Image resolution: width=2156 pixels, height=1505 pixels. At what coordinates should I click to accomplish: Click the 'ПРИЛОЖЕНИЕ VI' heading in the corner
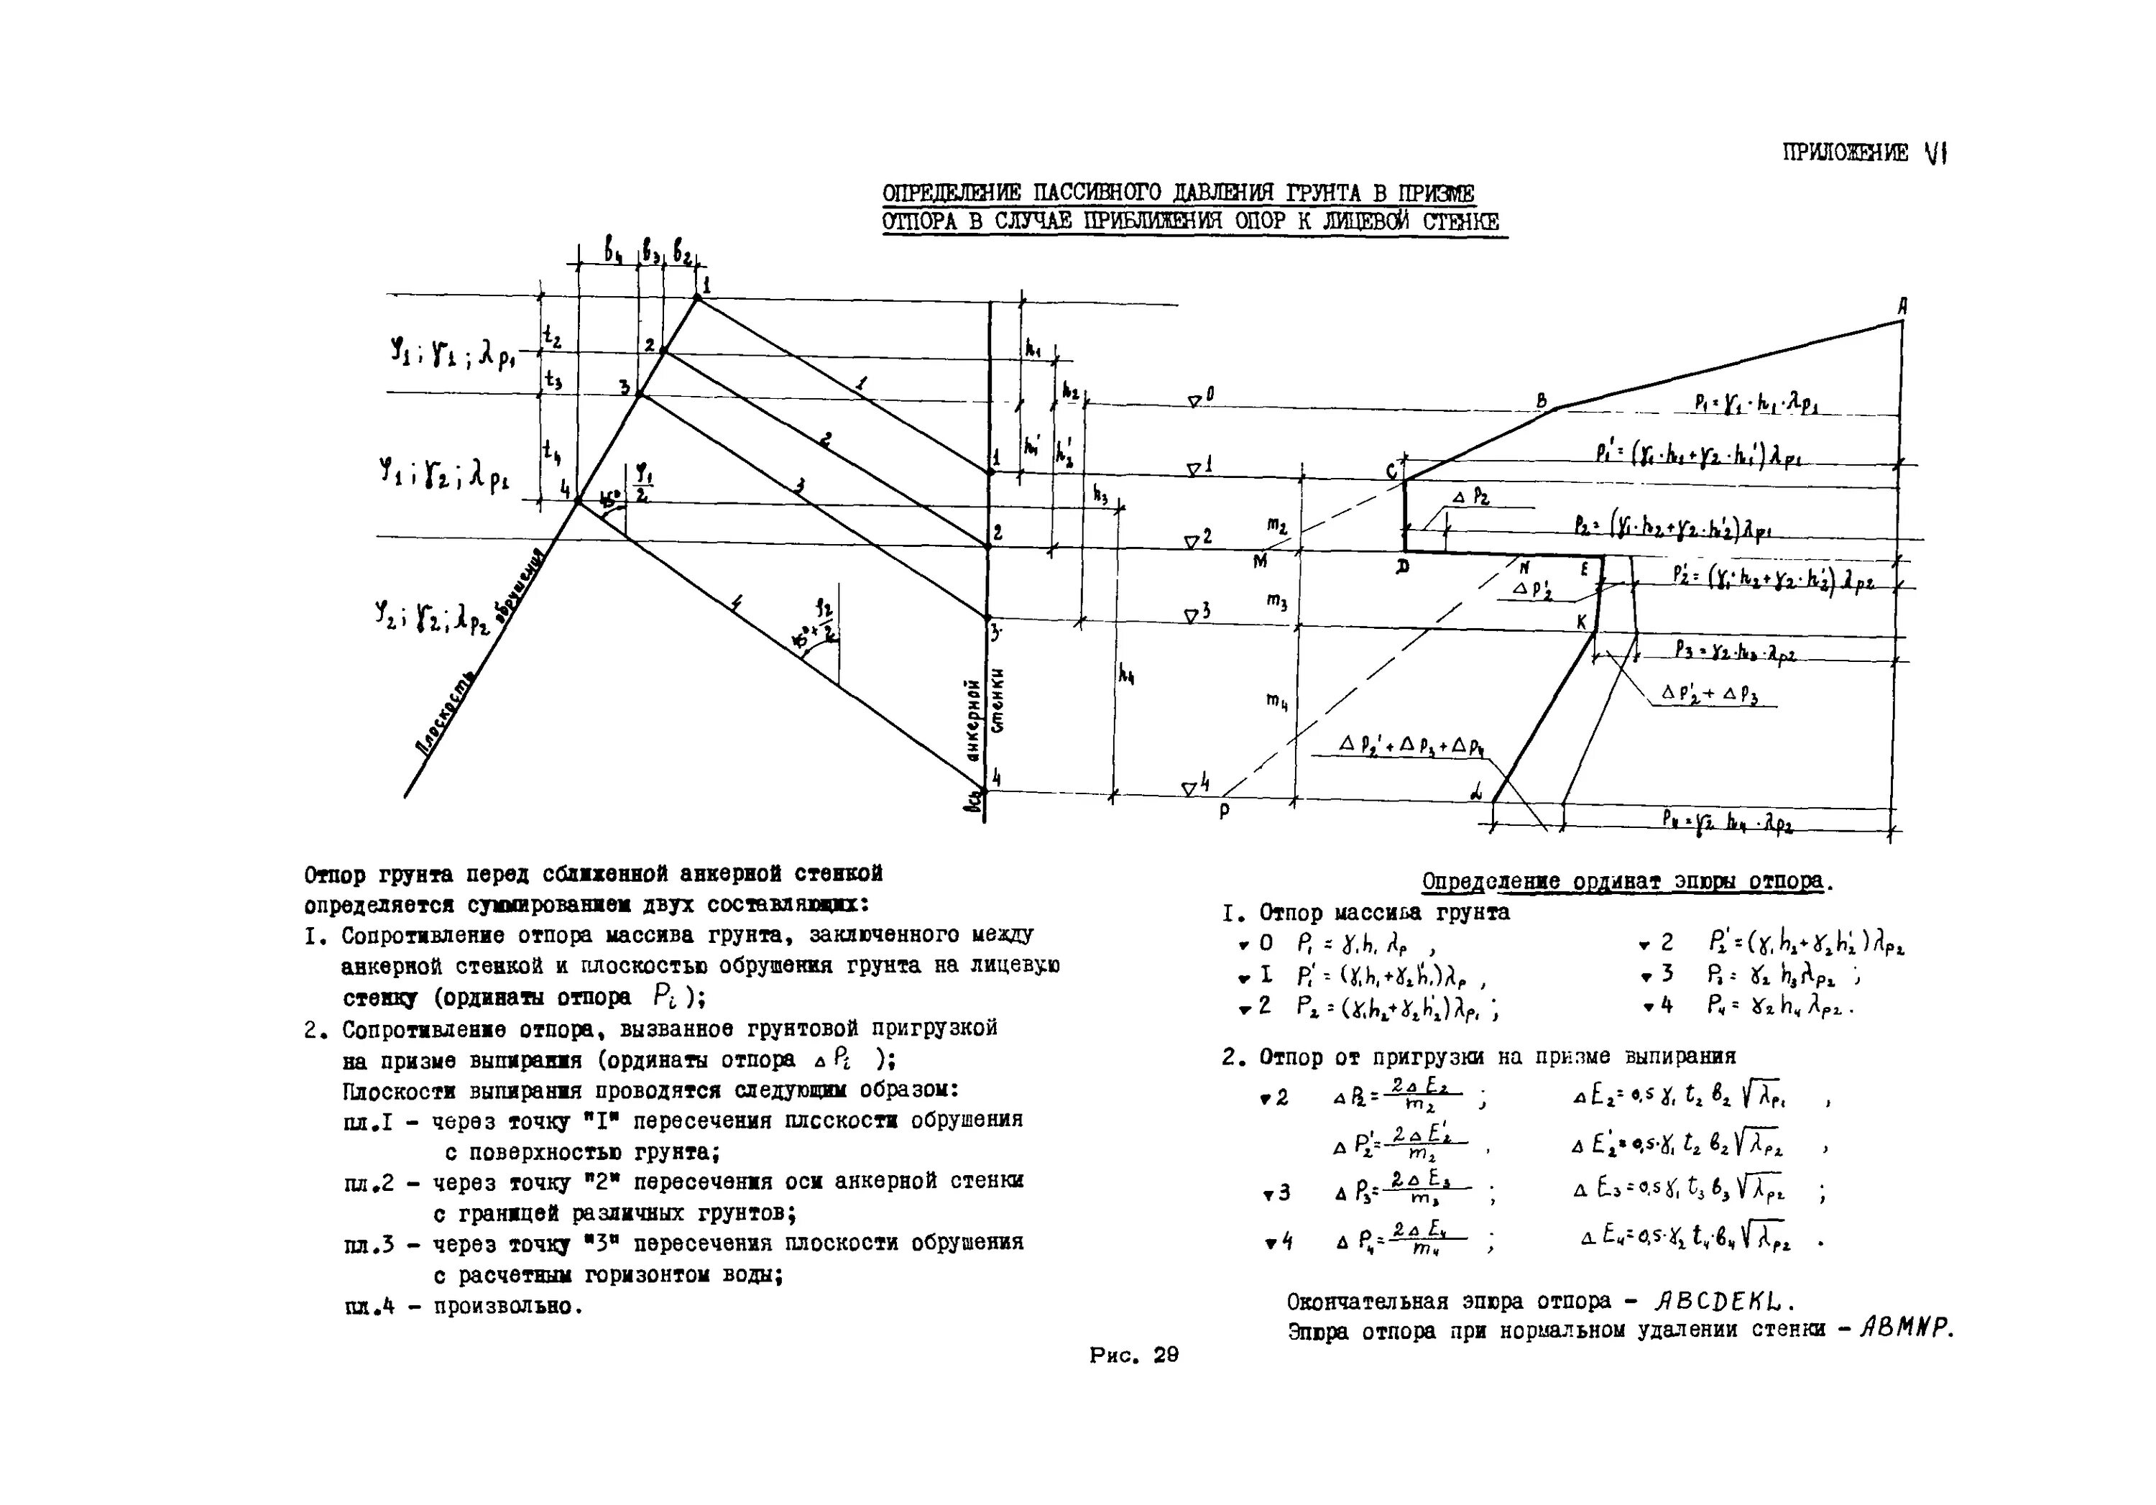pos(1864,152)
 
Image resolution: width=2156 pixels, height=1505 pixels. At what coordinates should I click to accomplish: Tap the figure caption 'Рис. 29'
pos(1133,1355)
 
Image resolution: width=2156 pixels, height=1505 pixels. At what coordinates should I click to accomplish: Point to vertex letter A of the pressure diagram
pos(1902,306)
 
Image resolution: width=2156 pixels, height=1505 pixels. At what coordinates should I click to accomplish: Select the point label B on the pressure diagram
pos(1541,401)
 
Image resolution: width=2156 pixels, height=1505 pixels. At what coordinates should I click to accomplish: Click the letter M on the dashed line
pos(1259,561)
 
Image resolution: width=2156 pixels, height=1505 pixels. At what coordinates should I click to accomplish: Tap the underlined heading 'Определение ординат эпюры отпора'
pos(1626,882)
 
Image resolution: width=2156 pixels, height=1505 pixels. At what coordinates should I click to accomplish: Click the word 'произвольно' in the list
pos(507,1306)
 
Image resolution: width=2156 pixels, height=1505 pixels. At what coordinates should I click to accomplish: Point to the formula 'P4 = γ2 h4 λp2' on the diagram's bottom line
pos(1728,822)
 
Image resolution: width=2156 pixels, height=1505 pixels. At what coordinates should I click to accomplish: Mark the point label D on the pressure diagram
pos(1403,567)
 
